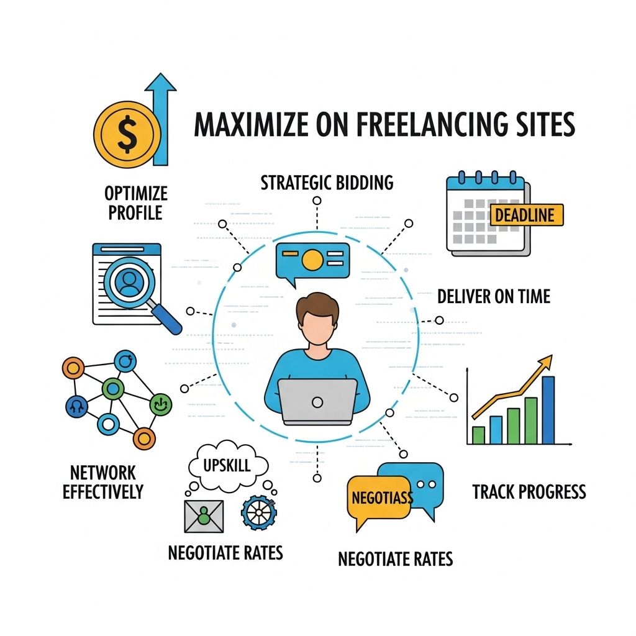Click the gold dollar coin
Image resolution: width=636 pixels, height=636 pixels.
tap(127, 135)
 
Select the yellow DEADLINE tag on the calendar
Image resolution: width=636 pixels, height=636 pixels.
tap(527, 215)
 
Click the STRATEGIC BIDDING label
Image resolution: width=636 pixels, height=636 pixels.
tap(327, 183)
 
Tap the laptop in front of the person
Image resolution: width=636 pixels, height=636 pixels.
tap(317, 401)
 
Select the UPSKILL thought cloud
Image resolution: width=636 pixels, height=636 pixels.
tap(227, 465)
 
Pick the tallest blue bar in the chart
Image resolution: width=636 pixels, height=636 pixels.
tap(548, 409)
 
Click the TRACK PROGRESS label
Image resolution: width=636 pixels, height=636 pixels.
tap(529, 493)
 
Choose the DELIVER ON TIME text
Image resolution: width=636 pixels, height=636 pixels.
tap(494, 296)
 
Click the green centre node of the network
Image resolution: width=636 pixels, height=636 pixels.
tap(112, 389)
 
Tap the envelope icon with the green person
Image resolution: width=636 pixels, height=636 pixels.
tap(203, 515)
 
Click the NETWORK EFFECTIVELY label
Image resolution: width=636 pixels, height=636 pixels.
tap(103, 483)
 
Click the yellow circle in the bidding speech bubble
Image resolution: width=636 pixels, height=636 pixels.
tap(312, 260)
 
